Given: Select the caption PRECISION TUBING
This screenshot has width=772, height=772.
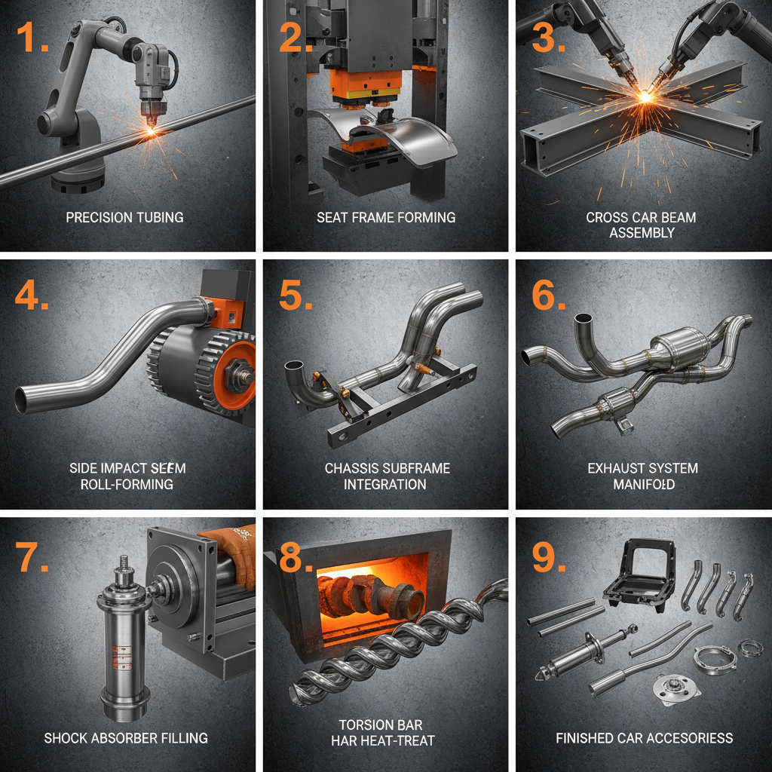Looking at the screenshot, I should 124,217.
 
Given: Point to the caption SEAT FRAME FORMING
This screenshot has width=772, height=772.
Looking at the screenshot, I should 385,217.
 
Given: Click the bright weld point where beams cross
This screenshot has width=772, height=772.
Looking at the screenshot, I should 645,96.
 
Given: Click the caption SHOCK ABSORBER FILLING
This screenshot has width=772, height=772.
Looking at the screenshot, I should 125,737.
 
